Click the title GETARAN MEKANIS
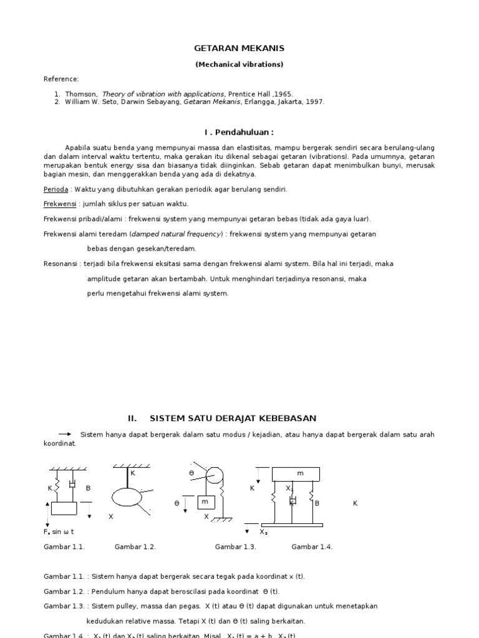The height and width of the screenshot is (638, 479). (x=239, y=48)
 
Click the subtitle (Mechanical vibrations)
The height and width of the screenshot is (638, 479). (x=239, y=64)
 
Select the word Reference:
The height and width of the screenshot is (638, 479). (x=61, y=79)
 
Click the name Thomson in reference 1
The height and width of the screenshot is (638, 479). (x=80, y=94)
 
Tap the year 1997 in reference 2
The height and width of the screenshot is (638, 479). (x=314, y=102)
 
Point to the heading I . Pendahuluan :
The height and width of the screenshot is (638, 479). (x=239, y=132)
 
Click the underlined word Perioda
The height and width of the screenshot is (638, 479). (x=56, y=189)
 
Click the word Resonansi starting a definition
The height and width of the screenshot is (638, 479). (x=60, y=264)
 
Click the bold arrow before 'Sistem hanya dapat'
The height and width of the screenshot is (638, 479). (x=65, y=434)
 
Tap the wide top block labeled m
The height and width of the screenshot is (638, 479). (x=296, y=474)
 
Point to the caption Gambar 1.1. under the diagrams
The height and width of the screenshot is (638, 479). (x=64, y=547)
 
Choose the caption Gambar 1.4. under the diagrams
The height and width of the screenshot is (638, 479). (x=312, y=547)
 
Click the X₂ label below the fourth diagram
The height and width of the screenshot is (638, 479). (x=263, y=532)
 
